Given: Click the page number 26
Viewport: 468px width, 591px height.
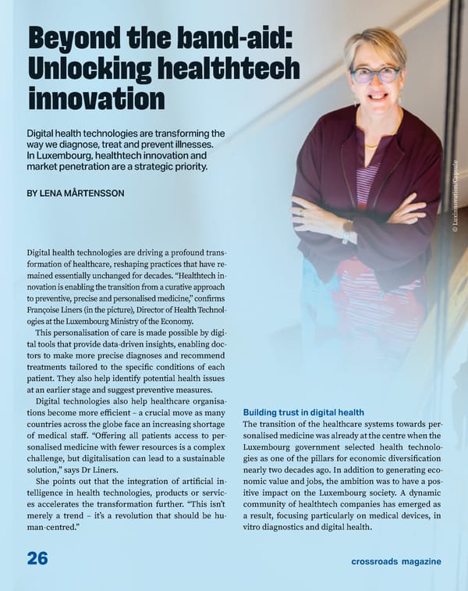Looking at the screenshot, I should [37, 558].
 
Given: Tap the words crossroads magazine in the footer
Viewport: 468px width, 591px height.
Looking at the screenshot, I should [395, 561].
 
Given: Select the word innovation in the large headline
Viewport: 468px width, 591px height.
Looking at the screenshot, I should [96, 98].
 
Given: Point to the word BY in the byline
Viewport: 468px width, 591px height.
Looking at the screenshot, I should [32, 192].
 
